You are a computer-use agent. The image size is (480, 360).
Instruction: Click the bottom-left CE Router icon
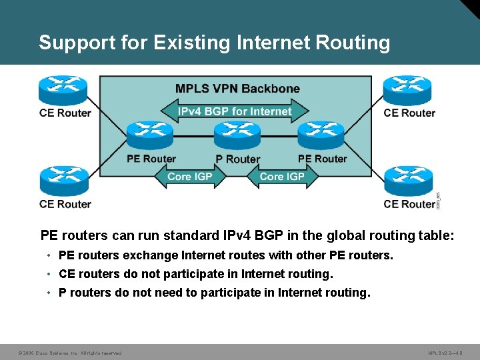point(63,181)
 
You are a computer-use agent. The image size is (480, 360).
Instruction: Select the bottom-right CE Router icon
point(407,181)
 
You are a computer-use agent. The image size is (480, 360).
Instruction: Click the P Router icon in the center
point(237,136)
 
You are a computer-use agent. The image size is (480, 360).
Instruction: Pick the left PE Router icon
point(150,136)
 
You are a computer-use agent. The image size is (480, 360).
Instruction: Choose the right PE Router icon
point(321,136)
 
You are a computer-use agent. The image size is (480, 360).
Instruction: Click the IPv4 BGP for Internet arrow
point(234,111)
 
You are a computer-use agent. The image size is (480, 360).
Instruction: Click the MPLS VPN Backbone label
point(237,89)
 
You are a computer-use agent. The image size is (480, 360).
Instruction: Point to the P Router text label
point(237,159)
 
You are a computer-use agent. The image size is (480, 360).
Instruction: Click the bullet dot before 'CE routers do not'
point(50,275)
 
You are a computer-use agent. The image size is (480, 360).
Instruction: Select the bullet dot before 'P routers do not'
point(50,293)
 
